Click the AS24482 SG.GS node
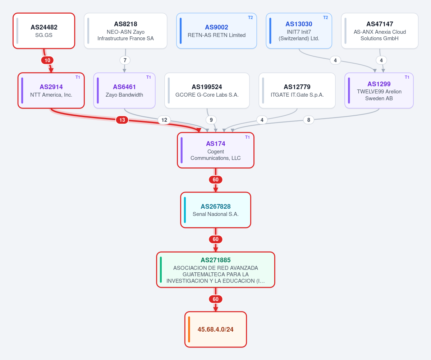click(44, 31)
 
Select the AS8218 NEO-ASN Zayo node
click(125, 31)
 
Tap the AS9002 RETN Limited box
click(217, 31)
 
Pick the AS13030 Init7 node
click(299, 31)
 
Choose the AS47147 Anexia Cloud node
click(380, 31)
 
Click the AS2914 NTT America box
click(51, 91)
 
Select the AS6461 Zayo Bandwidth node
click(124, 91)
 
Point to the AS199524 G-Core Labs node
click(207, 91)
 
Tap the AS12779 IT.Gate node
click(297, 91)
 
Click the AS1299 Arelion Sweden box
click(379, 91)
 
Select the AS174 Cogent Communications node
click(216, 150)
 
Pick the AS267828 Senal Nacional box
click(216, 210)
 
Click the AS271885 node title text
click(216, 260)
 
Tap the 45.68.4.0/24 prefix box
click(216, 329)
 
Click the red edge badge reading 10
click(47, 60)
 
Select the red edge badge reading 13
click(122, 120)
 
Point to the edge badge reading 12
click(164, 120)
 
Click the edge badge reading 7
click(125, 60)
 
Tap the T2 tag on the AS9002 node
click(251, 18)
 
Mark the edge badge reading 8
click(309, 120)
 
